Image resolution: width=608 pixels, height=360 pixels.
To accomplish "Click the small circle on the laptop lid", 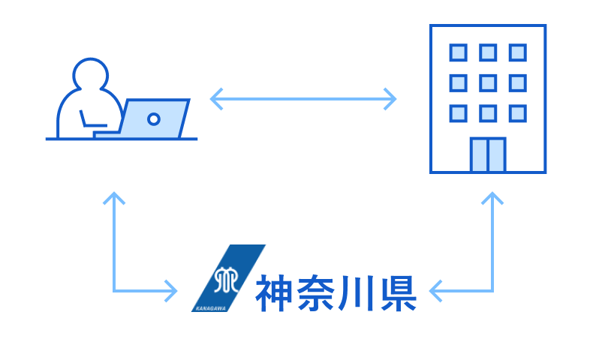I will tap(154, 118).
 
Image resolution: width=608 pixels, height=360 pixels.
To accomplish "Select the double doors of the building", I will tap(487, 154).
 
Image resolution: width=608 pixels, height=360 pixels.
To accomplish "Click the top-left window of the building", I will tap(458, 52).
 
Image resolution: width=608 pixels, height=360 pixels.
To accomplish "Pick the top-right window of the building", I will tap(517, 52).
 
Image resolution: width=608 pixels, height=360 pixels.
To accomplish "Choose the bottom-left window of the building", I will tap(458, 113).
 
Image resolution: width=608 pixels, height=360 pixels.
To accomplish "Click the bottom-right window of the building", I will tap(517, 113).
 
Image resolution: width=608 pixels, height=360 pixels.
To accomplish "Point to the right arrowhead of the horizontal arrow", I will tap(390, 98).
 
